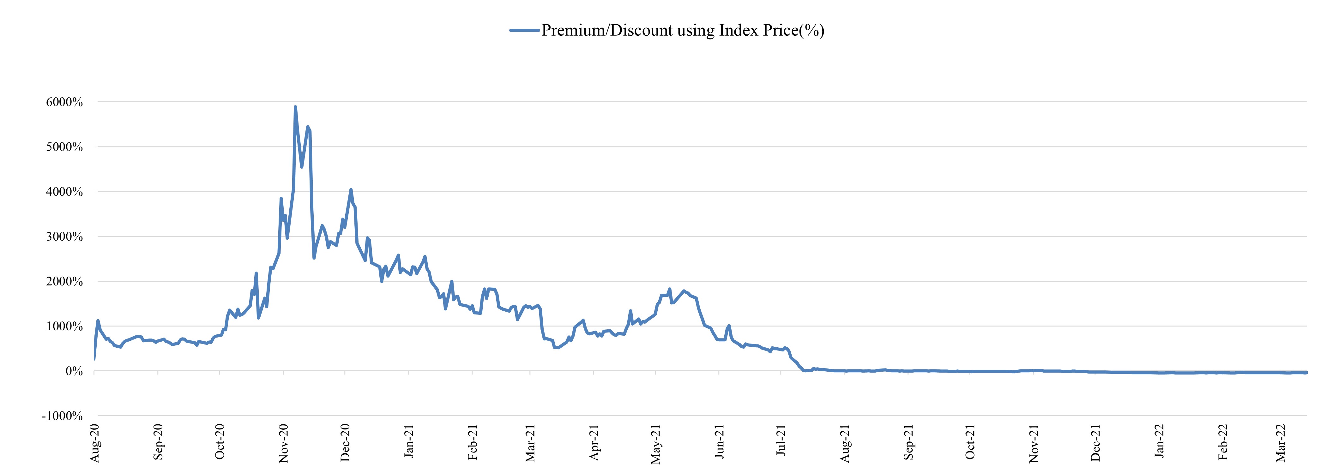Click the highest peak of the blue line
[x=295, y=107]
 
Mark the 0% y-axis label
[x=74, y=371]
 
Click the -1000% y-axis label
[x=62, y=416]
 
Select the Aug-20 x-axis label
[x=94, y=443]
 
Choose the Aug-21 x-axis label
[x=845, y=443]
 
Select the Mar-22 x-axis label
[x=1281, y=443]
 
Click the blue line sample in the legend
[x=524, y=30]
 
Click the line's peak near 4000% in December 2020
[x=351, y=190]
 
